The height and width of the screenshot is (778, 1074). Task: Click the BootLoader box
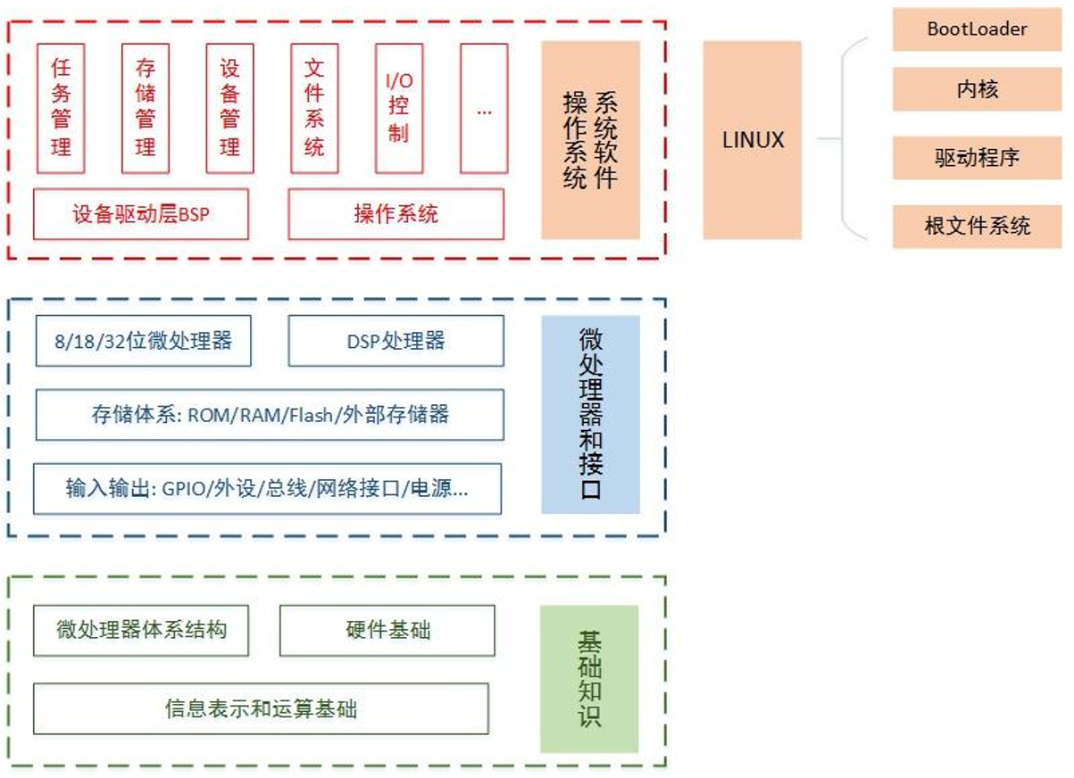977,29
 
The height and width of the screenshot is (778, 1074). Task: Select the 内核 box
977,90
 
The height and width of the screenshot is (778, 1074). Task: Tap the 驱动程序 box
977,159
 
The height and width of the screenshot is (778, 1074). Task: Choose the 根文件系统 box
977,226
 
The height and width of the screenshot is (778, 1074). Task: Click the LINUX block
752,140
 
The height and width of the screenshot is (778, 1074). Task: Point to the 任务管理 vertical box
61,108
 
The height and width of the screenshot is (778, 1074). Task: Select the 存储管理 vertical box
145,108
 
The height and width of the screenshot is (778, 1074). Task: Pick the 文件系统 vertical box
314,108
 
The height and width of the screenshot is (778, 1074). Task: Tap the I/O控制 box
398,108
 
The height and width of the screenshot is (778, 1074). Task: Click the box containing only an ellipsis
484,108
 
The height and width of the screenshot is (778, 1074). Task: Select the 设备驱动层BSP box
141,214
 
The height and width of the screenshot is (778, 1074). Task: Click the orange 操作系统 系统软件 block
590,140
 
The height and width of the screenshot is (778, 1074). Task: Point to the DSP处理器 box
395,341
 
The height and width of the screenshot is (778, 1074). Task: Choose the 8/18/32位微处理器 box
143,341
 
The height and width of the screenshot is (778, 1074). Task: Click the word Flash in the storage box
311,415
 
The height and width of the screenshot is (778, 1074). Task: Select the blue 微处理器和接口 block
590,414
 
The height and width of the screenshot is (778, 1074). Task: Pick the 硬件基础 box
387,631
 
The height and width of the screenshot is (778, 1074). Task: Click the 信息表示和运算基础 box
261,709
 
